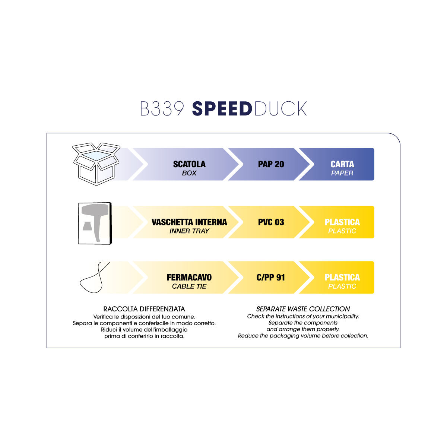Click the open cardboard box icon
(96, 164)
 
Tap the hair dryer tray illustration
(95, 223)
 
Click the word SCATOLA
(189, 164)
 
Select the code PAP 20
(271, 164)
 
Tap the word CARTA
(342, 164)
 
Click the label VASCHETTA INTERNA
(189, 222)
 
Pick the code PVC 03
(271, 222)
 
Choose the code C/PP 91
(271, 278)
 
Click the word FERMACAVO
(189, 278)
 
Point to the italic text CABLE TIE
(189, 286)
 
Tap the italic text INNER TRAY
(189, 231)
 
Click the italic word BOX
(189, 173)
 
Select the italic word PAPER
(342, 173)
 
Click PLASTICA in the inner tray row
(342, 222)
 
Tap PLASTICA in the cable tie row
(342, 278)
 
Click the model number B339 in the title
(162, 109)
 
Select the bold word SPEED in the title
(222, 109)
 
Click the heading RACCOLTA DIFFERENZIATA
(144, 309)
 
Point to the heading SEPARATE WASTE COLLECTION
(303, 309)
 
